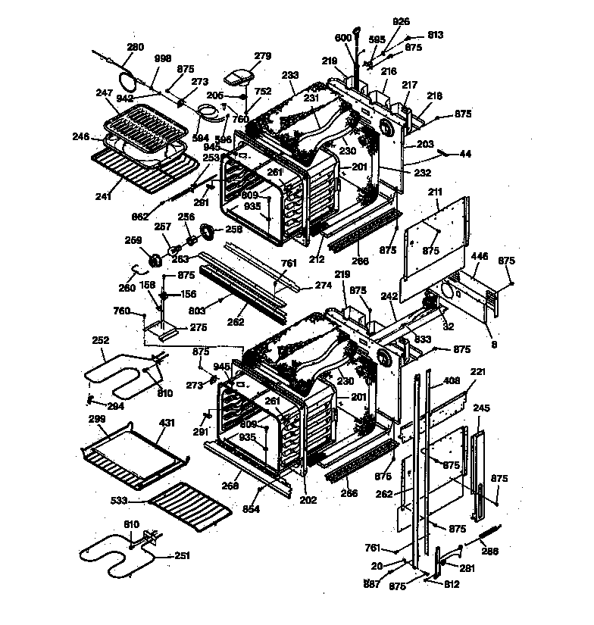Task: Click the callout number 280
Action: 135,47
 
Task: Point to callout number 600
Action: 342,38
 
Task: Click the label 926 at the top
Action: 401,21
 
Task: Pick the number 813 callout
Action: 435,35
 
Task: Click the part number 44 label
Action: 465,154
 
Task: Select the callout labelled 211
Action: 435,192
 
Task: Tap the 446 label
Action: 480,258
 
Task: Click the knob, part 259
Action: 156,260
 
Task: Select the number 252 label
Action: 100,340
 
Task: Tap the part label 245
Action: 482,409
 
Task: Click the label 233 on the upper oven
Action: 290,75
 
